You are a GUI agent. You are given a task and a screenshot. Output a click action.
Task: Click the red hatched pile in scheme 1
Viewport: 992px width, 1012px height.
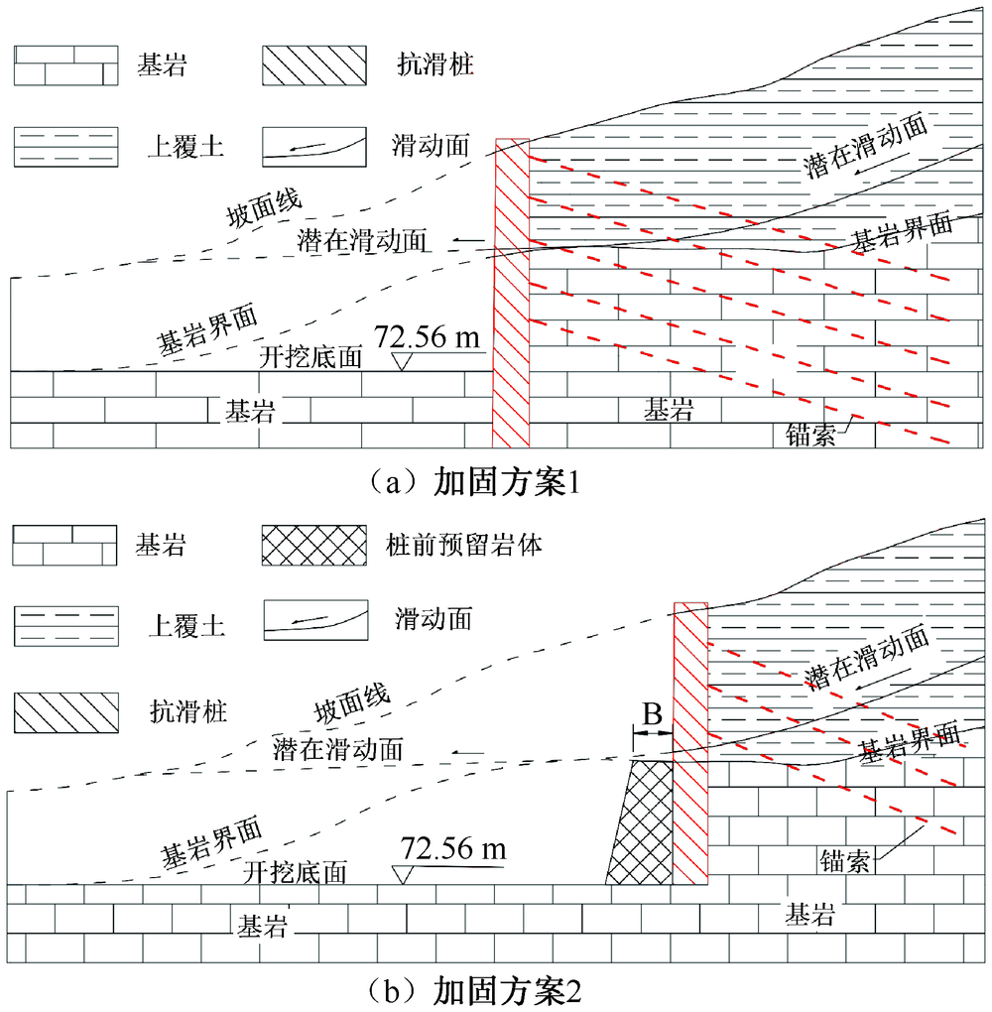[512, 293]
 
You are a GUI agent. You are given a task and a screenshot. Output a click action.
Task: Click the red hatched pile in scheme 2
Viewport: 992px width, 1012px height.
[690, 743]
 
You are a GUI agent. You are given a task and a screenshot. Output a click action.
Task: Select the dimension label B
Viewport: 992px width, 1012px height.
[653, 714]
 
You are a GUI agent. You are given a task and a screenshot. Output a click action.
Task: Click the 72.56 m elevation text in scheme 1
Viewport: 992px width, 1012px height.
[428, 337]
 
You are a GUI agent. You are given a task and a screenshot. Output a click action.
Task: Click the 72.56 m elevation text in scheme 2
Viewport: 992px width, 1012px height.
[453, 848]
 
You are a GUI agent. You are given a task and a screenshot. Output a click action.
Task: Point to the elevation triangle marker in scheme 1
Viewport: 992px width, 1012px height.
[402, 361]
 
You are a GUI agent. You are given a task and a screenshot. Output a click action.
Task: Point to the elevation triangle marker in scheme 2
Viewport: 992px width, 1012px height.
[404, 875]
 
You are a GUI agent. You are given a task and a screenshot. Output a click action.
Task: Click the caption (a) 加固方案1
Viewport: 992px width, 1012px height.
[474, 482]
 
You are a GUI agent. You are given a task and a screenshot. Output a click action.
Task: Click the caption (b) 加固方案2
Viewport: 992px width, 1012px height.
[474, 992]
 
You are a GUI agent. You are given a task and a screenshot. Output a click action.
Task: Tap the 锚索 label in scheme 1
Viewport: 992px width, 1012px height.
[810, 435]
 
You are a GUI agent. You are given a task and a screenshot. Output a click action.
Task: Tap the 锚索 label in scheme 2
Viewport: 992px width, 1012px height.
[845, 860]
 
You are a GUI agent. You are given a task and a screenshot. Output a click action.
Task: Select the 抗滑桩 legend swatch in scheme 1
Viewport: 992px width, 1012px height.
[314, 65]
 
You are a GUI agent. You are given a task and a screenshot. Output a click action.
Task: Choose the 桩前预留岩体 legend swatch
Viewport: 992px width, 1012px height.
[314, 546]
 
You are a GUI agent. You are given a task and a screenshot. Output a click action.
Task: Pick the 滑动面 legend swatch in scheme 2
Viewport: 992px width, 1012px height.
[315, 620]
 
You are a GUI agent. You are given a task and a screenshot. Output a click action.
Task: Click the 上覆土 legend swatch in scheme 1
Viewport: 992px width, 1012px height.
[65, 147]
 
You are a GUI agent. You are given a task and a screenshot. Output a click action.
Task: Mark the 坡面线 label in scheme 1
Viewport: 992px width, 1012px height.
[264, 208]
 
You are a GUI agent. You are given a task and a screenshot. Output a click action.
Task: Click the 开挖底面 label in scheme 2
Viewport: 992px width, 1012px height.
[295, 872]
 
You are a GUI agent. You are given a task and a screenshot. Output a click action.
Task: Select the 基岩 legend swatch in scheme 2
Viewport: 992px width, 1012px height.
[64, 546]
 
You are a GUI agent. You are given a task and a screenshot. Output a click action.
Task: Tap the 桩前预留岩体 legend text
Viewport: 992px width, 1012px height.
[464, 546]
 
